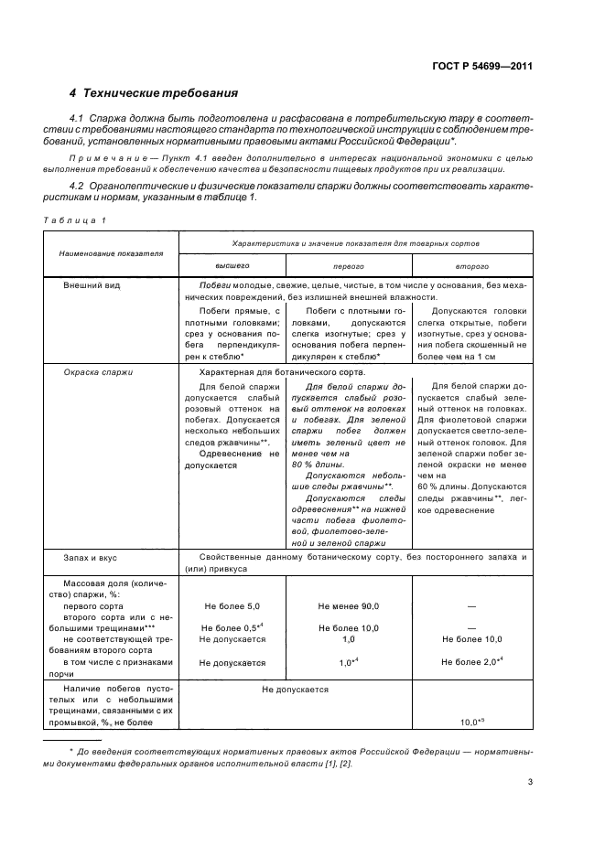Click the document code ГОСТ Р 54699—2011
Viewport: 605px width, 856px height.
click(x=481, y=66)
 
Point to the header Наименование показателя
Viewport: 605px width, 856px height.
click(x=105, y=251)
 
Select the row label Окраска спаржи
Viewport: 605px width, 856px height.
click(x=98, y=372)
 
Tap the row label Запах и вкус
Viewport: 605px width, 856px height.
click(x=91, y=556)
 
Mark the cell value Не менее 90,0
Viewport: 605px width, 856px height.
click(x=349, y=606)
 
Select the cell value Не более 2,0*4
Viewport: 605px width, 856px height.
click(x=471, y=661)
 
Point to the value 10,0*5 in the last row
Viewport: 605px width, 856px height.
click(x=472, y=722)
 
